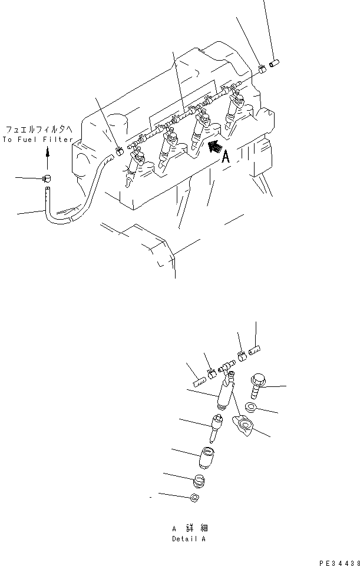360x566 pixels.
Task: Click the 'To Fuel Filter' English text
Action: point(38,140)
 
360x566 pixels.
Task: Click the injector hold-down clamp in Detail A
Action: point(242,426)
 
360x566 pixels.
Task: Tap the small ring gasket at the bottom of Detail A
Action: point(194,499)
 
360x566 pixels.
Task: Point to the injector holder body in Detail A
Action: point(226,393)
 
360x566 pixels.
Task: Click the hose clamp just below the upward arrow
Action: point(47,179)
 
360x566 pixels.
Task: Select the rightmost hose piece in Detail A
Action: point(255,352)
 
